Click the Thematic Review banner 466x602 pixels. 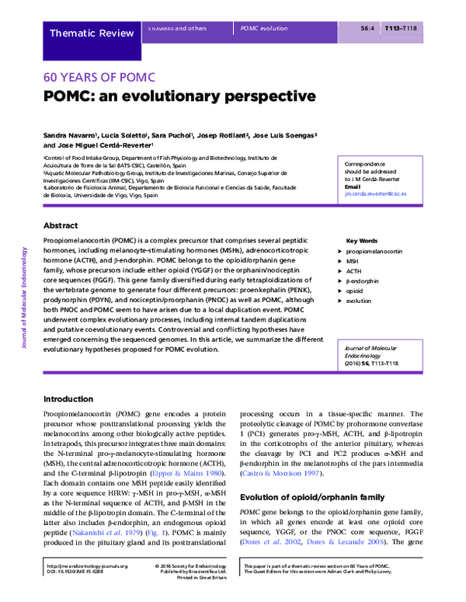pyautogui.click(x=91, y=33)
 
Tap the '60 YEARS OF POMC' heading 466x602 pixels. pyautogui.click(x=99, y=77)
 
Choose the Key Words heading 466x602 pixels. pyautogui.click(x=361, y=241)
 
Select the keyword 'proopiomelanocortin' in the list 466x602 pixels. pyautogui.click(x=374, y=253)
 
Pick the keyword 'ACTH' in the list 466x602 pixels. pyautogui.click(x=353, y=272)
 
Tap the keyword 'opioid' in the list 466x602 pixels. pyautogui.click(x=355, y=291)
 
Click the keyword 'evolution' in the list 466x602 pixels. pyautogui.click(x=358, y=300)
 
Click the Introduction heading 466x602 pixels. pyautogui.click(x=69, y=398)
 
